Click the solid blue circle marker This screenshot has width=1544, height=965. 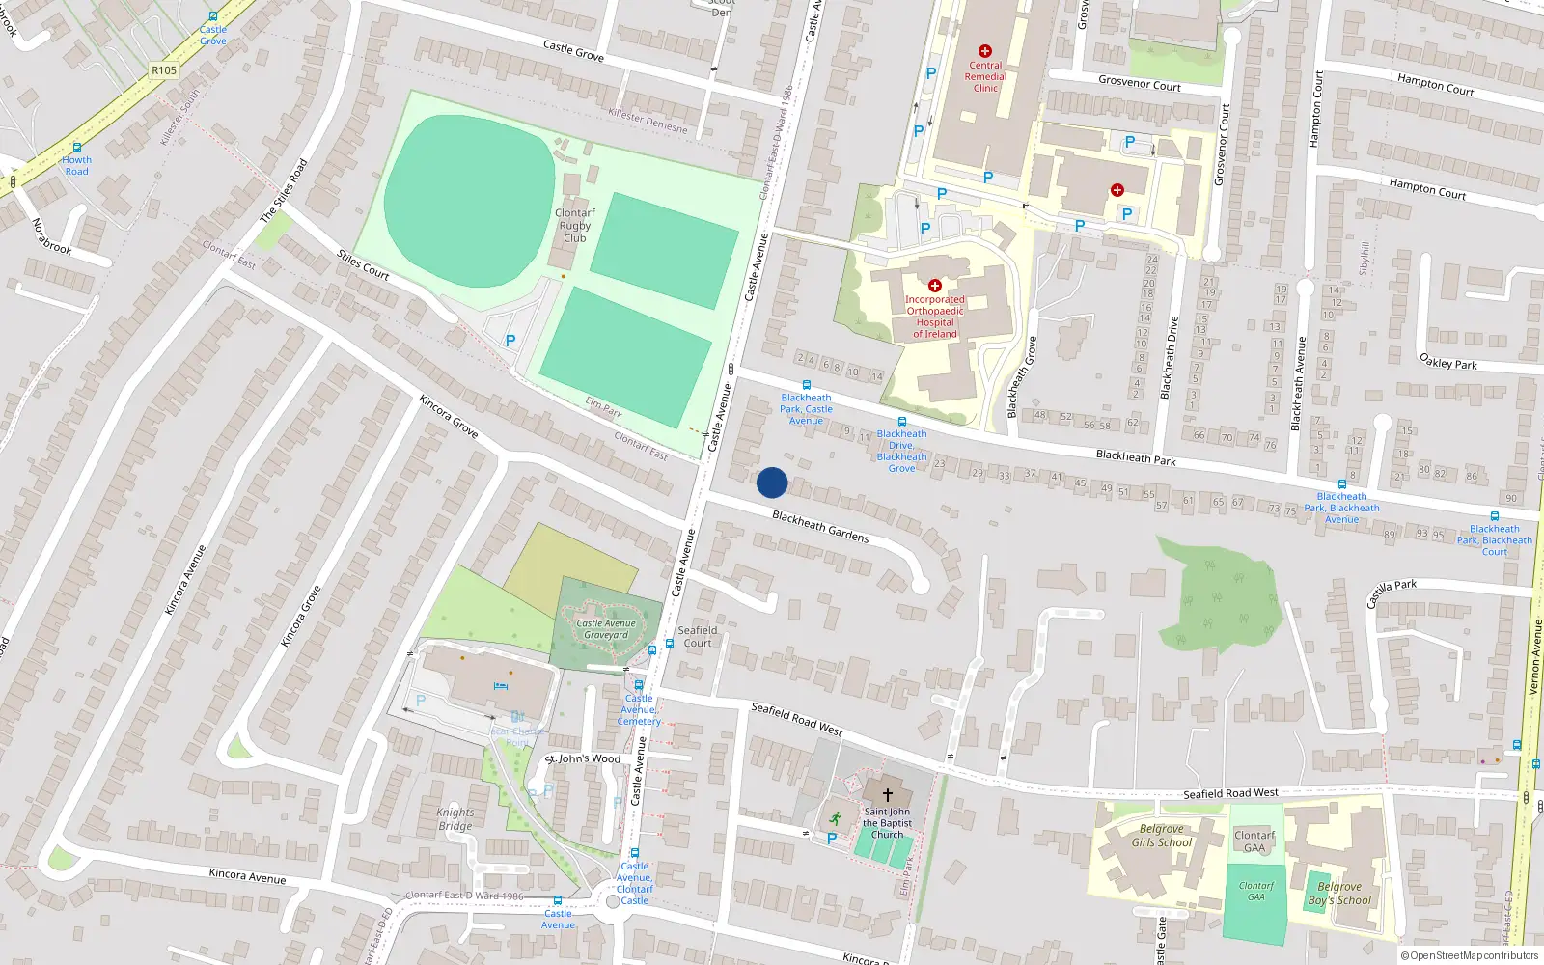point(772,482)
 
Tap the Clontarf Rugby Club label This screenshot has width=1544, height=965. point(575,226)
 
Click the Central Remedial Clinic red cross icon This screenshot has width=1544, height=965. point(985,51)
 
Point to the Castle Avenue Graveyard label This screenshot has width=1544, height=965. point(606,629)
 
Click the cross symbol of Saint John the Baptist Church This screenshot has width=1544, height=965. point(888,795)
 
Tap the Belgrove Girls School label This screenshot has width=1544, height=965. point(1162,836)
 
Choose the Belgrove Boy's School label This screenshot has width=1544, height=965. point(1339,894)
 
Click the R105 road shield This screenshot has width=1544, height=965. point(164,70)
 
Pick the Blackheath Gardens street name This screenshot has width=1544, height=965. point(820,527)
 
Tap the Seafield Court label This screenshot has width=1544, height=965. point(698,637)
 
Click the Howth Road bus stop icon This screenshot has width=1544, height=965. point(77,148)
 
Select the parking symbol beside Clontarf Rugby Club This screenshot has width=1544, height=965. point(510,340)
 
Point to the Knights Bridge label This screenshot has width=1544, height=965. point(455,819)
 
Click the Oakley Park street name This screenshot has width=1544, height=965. point(1448,362)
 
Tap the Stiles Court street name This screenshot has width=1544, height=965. point(363,265)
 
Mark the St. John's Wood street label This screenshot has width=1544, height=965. point(583,758)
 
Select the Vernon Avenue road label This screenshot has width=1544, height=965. point(1534,657)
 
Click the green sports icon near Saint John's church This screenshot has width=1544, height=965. point(835,818)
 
